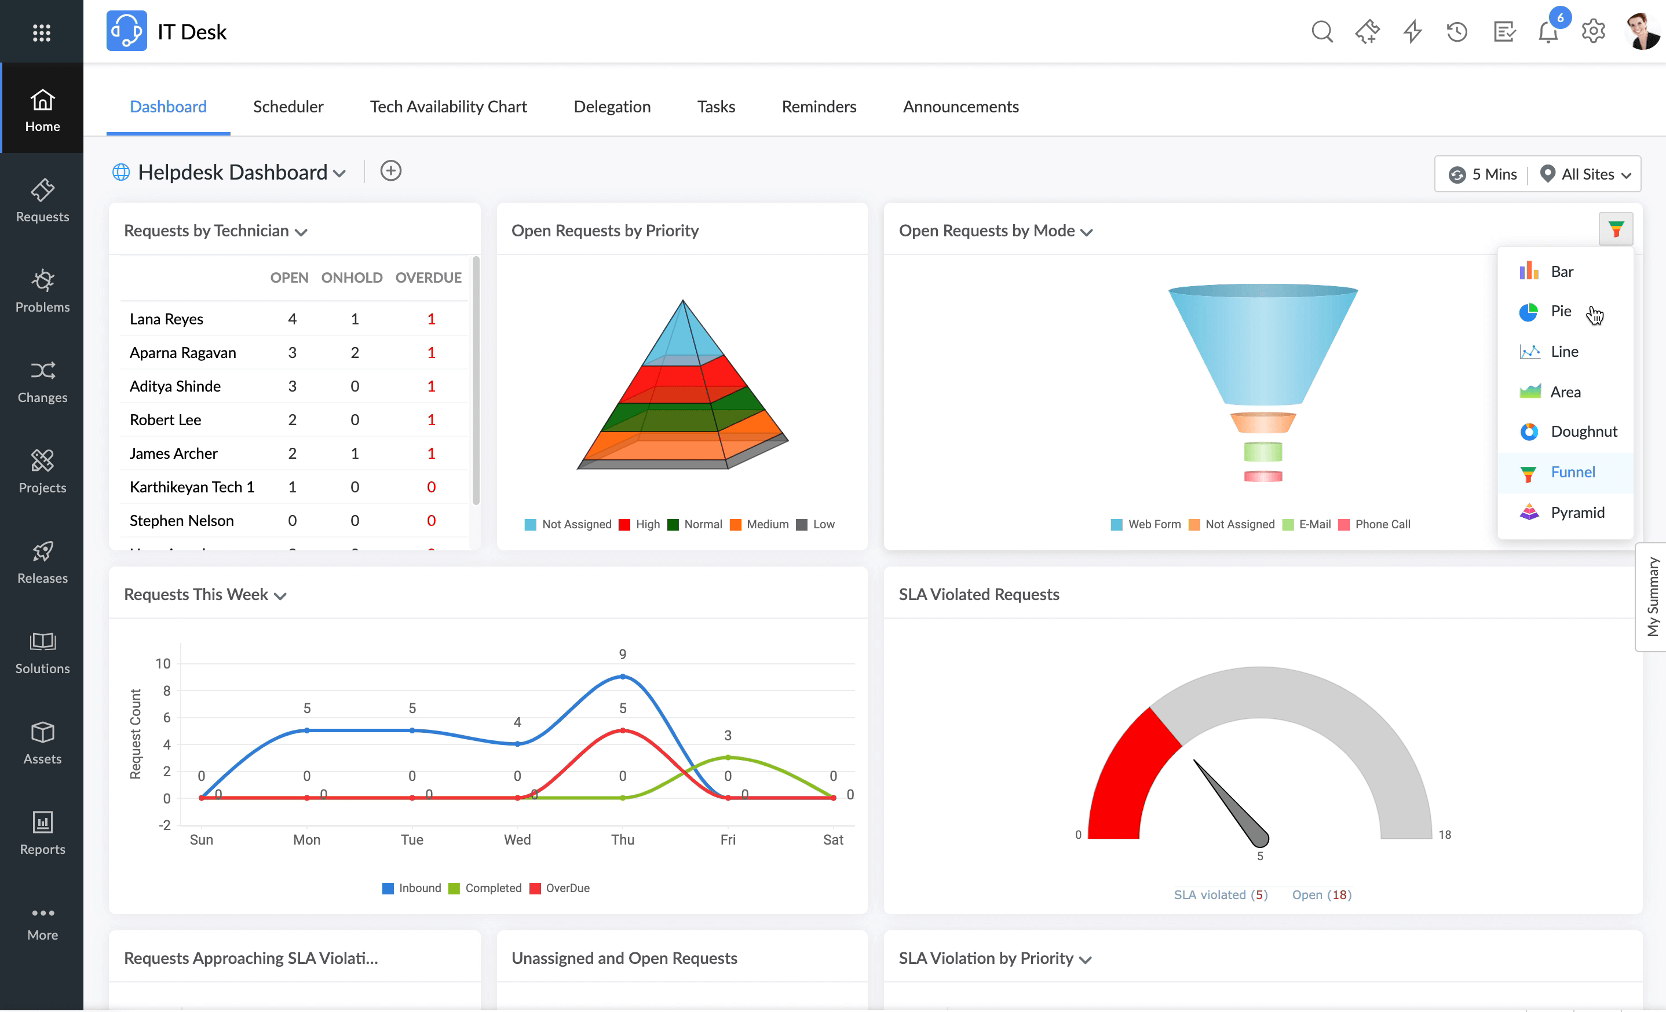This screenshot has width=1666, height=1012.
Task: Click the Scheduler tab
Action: [288, 107]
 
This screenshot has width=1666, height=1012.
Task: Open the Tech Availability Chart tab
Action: [448, 107]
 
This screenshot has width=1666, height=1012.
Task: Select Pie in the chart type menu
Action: [1560, 312]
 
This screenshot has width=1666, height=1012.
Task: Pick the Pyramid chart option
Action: [1576, 513]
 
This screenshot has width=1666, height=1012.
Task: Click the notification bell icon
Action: [1548, 32]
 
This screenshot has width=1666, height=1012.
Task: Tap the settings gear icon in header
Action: [1593, 32]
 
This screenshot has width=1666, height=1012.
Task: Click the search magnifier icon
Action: [1322, 32]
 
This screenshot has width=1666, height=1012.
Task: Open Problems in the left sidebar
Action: [42, 291]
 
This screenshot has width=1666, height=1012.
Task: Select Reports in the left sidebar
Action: [42, 834]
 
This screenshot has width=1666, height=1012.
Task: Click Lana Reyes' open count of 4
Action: [292, 319]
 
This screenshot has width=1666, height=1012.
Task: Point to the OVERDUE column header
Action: [428, 278]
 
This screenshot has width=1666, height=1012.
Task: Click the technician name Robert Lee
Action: [165, 420]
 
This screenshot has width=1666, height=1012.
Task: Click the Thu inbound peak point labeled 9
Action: [623, 676]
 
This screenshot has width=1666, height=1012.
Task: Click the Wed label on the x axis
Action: [517, 839]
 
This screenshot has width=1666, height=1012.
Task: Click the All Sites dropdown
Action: [1586, 174]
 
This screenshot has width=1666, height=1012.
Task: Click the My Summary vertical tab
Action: [1652, 597]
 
